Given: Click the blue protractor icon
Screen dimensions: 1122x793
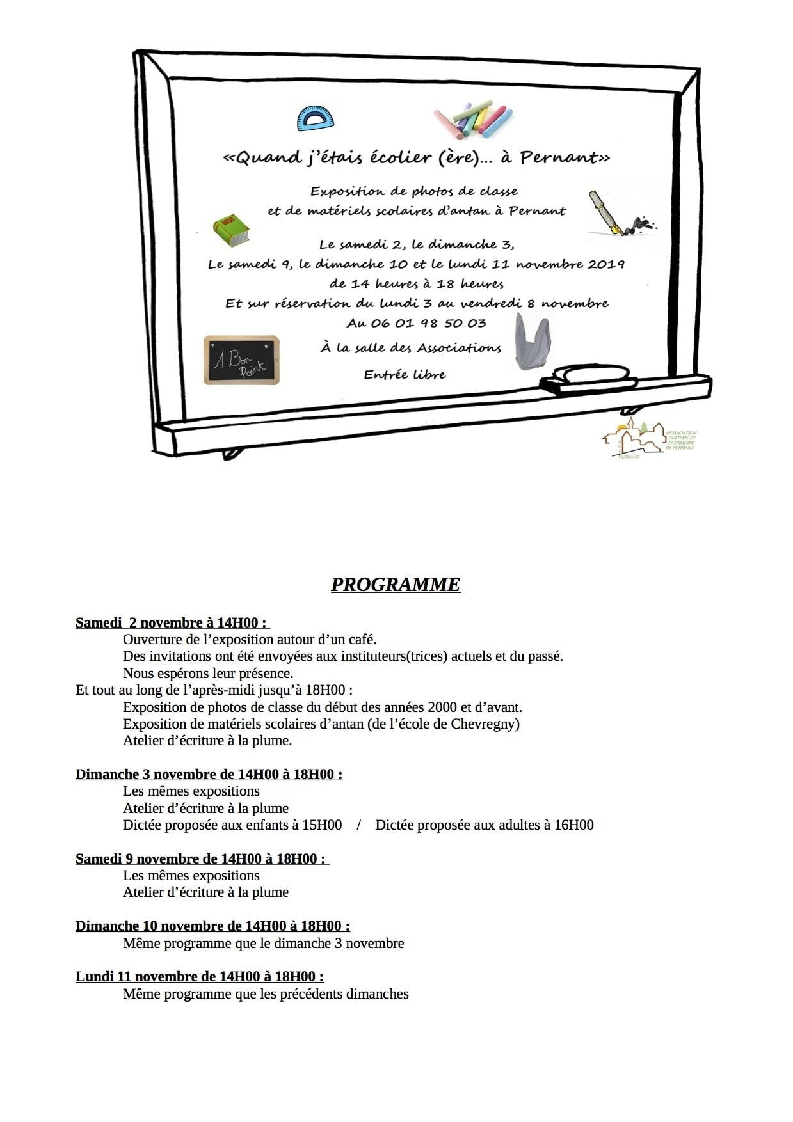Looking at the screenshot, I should pyautogui.click(x=316, y=118).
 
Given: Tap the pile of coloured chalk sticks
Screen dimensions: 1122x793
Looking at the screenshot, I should pyautogui.click(x=474, y=120).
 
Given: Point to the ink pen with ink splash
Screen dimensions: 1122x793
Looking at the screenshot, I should pyautogui.click(x=618, y=215).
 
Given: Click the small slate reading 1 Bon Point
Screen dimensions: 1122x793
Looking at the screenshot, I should pyautogui.click(x=241, y=360).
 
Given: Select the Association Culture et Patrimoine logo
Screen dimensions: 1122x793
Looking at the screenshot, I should pyautogui.click(x=648, y=438).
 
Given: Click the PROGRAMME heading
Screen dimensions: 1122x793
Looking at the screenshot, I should pyautogui.click(x=396, y=585).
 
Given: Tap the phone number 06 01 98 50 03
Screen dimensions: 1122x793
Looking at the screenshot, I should pyautogui.click(x=417, y=323).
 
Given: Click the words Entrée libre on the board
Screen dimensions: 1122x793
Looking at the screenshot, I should pyautogui.click(x=405, y=375).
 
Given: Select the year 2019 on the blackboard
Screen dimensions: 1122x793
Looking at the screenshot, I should pyautogui.click(x=605, y=264).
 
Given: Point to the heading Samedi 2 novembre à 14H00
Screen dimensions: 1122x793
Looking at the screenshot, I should pyautogui.click(x=172, y=622).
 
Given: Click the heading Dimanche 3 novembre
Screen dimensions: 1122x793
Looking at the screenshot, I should pyautogui.click(x=209, y=774).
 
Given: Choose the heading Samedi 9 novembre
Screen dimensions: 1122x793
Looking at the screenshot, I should pyautogui.click(x=202, y=858).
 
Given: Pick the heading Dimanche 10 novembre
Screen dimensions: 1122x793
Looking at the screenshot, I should pyautogui.click(x=212, y=926).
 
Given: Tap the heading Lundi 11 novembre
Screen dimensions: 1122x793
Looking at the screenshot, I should pyautogui.click(x=199, y=976).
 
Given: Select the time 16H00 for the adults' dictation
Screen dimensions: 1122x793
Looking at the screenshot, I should pyautogui.click(x=573, y=825).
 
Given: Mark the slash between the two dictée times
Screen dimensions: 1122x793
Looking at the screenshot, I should pyautogui.click(x=358, y=825).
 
